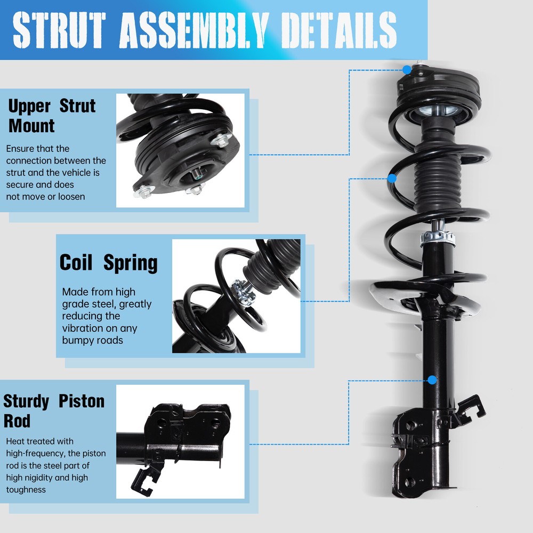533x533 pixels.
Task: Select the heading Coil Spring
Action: (108, 263)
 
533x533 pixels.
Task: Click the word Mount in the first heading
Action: (31, 126)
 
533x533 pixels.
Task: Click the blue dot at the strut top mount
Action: (407, 69)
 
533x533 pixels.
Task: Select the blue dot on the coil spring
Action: (392, 179)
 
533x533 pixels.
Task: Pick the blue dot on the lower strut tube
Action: (432, 380)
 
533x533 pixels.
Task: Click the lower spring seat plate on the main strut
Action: (421, 298)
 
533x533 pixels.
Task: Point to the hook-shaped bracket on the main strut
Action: (469, 408)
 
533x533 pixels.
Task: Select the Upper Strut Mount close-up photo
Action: (180, 150)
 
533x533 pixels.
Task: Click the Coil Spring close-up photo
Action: (236, 296)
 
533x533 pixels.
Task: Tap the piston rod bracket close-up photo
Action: (180, 441)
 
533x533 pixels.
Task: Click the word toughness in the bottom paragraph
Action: (26, 489)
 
